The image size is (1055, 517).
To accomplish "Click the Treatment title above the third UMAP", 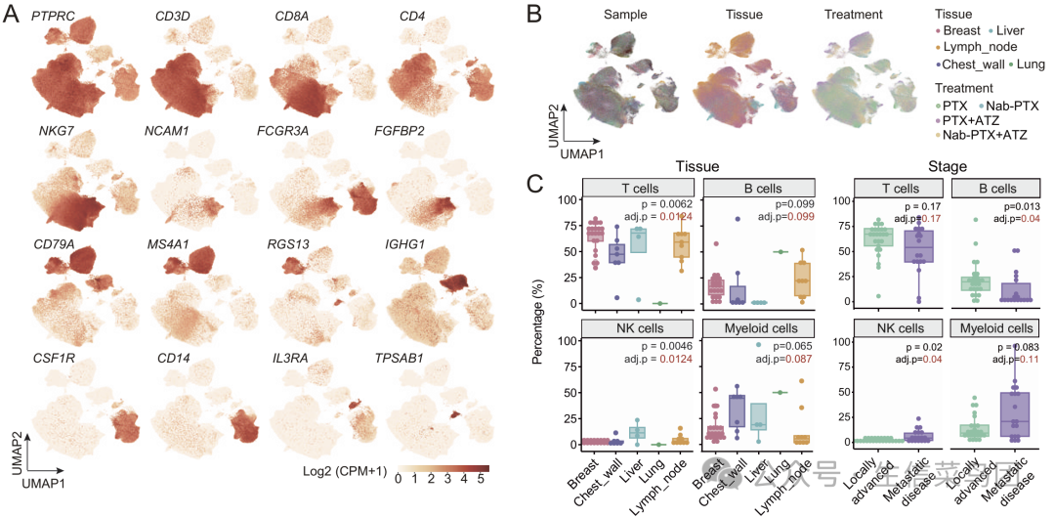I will point(853,15).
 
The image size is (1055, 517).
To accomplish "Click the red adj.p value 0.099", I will point(801,216).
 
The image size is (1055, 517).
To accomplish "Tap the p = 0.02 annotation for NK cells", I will point(924,346).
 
